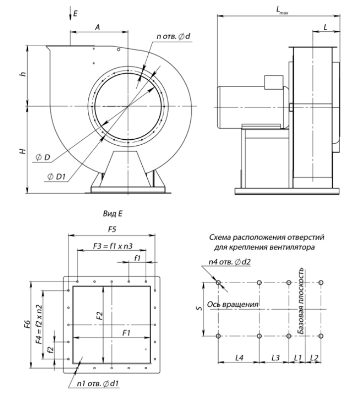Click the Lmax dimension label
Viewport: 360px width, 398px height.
(282, 10)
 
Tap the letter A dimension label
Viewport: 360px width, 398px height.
(98, 27)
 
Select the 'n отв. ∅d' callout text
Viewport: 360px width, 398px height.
(173, 37)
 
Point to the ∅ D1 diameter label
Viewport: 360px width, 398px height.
(57, 176)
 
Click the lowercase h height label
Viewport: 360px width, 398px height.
(23, 74)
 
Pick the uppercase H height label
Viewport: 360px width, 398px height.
(23, 151)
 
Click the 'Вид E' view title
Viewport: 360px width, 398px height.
(113, 214)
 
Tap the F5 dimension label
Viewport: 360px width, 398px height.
(112, 229)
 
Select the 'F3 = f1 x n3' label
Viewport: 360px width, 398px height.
(113, 246)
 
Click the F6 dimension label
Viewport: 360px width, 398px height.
(27, 324)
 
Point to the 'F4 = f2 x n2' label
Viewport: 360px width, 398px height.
(39, 324)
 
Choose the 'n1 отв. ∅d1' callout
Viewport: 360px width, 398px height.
(98, 383)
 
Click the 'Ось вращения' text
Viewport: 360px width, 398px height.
(233, 304)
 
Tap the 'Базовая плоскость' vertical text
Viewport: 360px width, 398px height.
(301, 301)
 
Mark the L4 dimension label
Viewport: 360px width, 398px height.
(239, 358)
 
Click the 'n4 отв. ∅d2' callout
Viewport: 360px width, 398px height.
(230, 262)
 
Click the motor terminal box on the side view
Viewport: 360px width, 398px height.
(273, 82)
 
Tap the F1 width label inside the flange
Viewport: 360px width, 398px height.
(126, 333)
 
